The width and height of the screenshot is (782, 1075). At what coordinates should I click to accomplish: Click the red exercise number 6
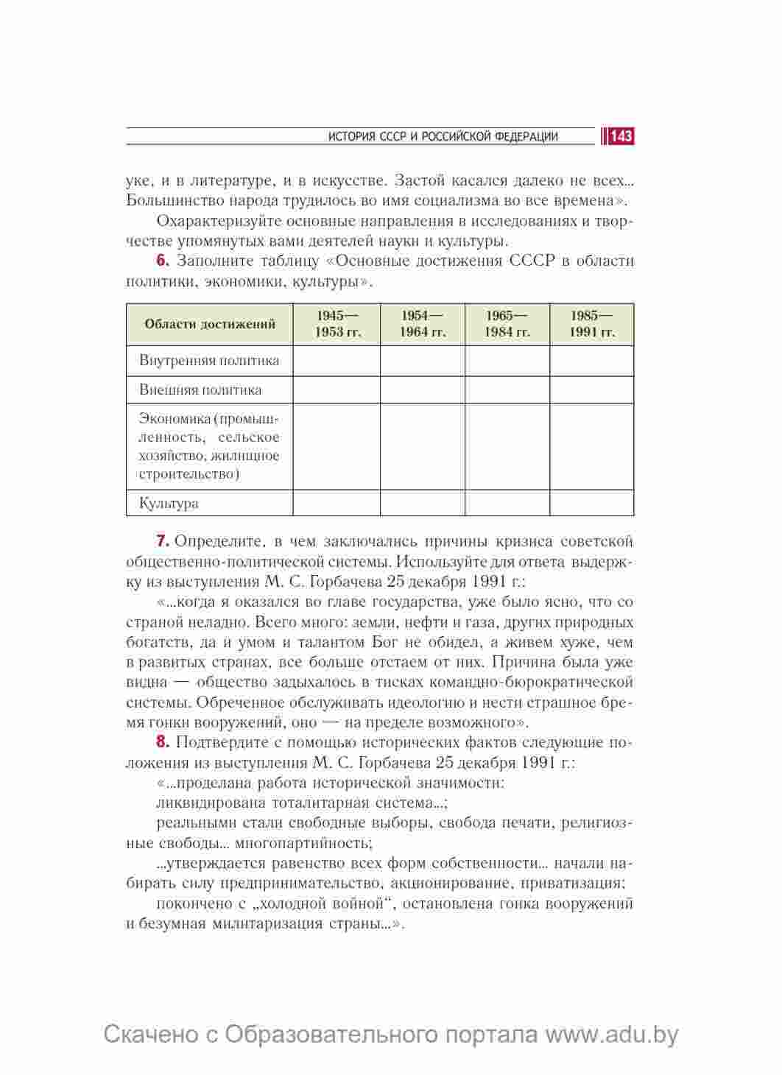pos(162,261)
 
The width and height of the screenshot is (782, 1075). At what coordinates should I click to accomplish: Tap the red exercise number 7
pos(162,542)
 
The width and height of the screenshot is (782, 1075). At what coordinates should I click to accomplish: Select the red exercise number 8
pos(162,741)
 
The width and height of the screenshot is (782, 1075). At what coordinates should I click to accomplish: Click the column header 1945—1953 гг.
pos(337,324)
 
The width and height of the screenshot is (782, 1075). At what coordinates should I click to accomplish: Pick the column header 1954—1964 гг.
pos(423,324)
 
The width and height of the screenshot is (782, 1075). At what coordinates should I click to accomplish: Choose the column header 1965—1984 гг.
pos(507,324)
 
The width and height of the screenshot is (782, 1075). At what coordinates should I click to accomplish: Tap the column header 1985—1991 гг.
pos(592,324)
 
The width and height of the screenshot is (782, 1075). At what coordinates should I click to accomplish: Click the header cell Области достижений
pos(210,324)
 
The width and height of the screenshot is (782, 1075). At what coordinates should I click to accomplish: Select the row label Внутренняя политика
pos(209,361)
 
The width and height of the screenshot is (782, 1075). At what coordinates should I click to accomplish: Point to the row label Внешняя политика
pos(200,390)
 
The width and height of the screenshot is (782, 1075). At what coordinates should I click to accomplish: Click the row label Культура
pos(169,504)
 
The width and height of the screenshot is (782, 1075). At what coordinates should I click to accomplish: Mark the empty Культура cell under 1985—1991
pos(592,503)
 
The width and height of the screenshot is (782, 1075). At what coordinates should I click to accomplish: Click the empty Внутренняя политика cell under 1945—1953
pos(337,361)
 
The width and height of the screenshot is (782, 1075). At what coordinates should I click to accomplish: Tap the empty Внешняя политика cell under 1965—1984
pos(507,390)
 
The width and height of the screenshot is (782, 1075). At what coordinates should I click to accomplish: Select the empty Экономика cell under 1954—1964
pos(423,446)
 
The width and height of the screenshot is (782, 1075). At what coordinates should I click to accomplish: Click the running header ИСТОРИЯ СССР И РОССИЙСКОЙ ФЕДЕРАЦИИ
pos(443,136)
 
